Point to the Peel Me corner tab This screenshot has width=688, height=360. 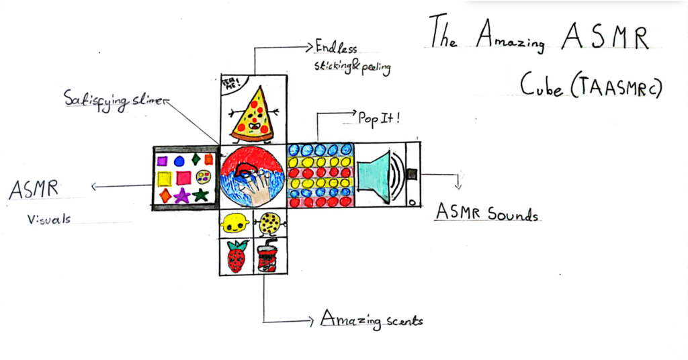(229, 85)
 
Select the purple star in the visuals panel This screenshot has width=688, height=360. (181, 195)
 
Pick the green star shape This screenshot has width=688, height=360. (200, 195)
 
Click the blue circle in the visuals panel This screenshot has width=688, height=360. (179, 161)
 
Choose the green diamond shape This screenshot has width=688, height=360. (195, 159)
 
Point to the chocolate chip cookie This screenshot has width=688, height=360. (270, 222)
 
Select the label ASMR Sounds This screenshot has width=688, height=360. (487, 214)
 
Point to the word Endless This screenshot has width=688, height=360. (336, 48)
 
